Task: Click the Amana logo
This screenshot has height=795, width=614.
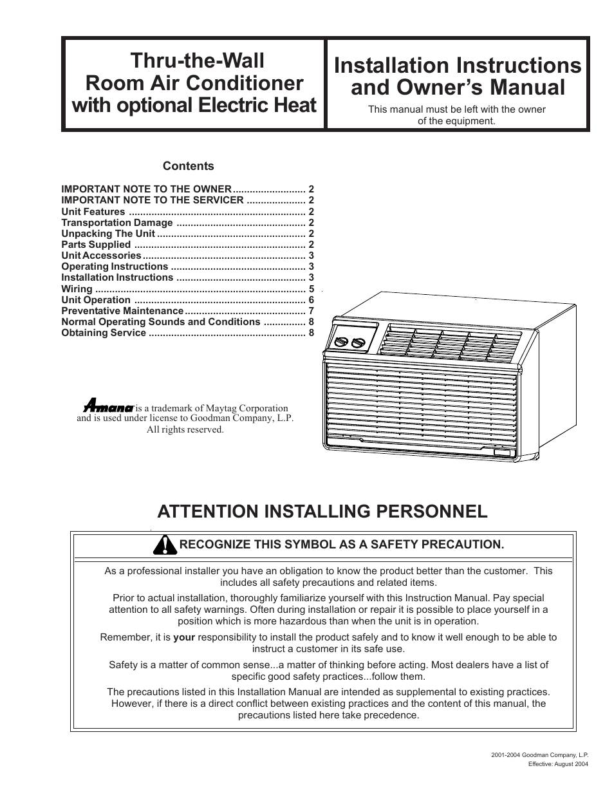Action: pos(109,407)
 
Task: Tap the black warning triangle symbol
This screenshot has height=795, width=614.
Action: pos(166,545)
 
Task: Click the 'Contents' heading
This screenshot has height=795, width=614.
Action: pos(188,166)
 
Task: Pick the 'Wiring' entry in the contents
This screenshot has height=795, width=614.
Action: pos(77,289)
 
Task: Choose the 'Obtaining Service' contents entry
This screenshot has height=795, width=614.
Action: pos(104,333)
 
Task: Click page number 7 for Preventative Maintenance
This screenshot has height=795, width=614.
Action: pos(312,311)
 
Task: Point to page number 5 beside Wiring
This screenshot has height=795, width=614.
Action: pos(312,289)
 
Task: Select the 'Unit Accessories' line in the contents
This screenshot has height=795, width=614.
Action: pos(101,256)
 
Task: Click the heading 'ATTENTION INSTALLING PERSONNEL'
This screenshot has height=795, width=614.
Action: pos(322,512)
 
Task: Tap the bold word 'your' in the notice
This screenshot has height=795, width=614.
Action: pos(184,637)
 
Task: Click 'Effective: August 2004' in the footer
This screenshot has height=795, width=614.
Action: pos(558,764)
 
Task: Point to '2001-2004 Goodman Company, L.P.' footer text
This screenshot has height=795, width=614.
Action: pos(539,753)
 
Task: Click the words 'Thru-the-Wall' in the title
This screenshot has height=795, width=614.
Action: pos(197,61)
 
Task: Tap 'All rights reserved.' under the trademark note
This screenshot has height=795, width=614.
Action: pos(185,429)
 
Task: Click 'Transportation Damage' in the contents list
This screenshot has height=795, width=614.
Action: pos(117,223)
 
